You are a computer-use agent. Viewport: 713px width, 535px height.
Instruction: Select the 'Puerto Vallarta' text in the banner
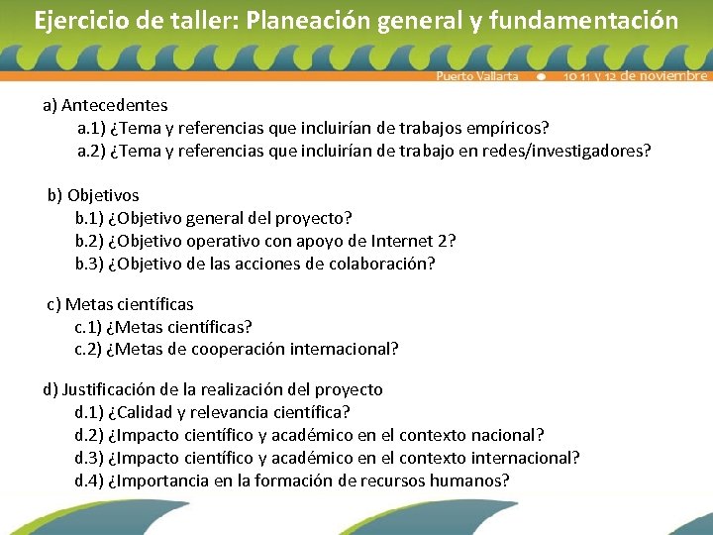pos(477,76)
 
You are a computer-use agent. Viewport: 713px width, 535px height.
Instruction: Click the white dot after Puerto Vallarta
pos(541,76)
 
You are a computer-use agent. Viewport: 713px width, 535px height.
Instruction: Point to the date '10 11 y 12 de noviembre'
pos(635,76)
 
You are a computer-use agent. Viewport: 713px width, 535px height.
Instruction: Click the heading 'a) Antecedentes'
pos(105,104)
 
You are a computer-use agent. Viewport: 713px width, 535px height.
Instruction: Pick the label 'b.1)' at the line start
pos(89,218)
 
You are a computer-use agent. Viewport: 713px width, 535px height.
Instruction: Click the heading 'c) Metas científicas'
pos(120,304)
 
